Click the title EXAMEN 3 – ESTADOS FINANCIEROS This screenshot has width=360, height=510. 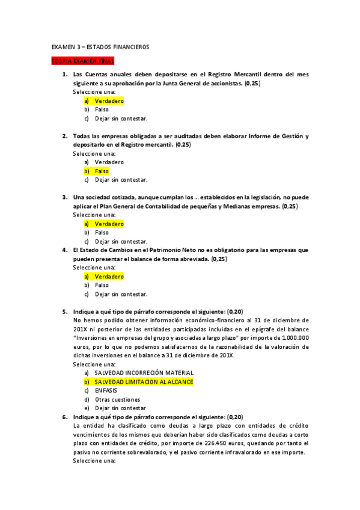(x=100, y=47)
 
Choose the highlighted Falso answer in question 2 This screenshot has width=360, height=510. (x=102, y=171)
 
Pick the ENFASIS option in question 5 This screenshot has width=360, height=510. (x=106, y=390)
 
